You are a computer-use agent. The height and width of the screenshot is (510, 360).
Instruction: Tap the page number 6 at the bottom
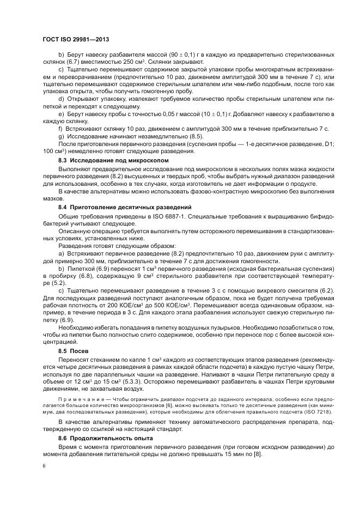tap(44, 466)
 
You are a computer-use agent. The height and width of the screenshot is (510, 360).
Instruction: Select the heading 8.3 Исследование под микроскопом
tap(113, 161)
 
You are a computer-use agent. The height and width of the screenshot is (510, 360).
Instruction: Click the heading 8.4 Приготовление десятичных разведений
tap(124, 208)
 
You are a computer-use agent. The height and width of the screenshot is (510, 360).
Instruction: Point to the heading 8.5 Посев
tap(73, 336)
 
